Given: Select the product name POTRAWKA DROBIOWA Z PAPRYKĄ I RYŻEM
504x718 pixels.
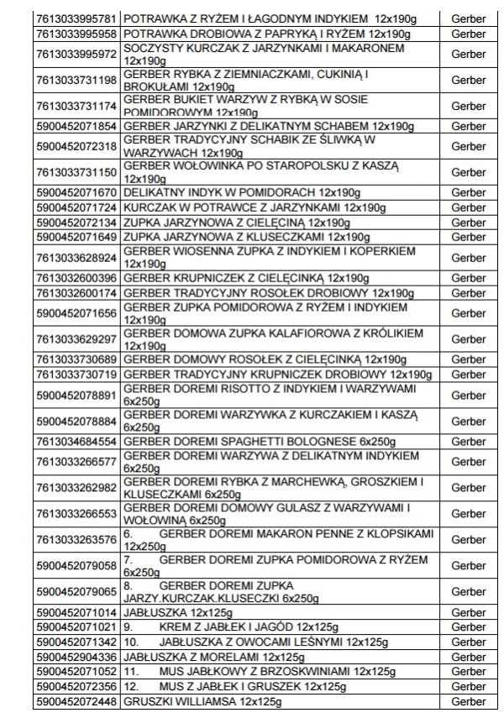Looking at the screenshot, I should click(x=266, y=34).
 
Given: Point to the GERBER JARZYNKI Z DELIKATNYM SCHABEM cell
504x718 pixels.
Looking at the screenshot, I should click(x=268, y=126).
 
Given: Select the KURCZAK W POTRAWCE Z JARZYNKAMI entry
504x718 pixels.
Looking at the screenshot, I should click(x=255, y=207).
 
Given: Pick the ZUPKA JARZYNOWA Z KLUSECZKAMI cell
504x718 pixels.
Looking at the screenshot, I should click(x=246, y=237).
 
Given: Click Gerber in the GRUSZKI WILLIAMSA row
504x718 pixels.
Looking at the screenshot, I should click(x=468, y=700).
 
